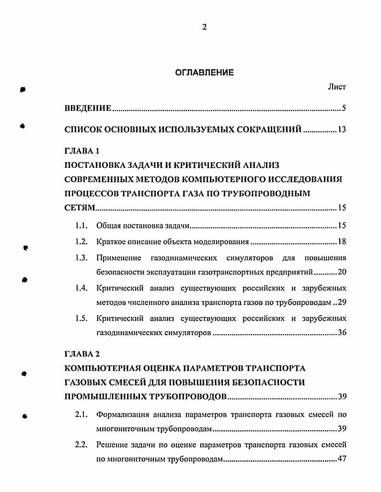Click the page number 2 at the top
click(x=204, y=27)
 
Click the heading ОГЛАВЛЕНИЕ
click(x=204, y=73)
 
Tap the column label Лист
click(x=336, y=87)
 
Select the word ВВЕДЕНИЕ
click(x=88, y=108)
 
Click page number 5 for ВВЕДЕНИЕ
click(x=344, y=108)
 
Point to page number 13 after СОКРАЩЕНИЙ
click(x=341, y=129)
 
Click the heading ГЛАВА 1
click(x=81, y=151)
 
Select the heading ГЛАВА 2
click(x=81, y=354)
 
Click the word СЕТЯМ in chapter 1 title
click(x=80, y=208)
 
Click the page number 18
click(x=341, y=242)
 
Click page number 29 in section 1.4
click(x=341, y=302)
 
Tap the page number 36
click(x=341, y=332)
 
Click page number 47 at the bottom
click(x=341, y=459)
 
